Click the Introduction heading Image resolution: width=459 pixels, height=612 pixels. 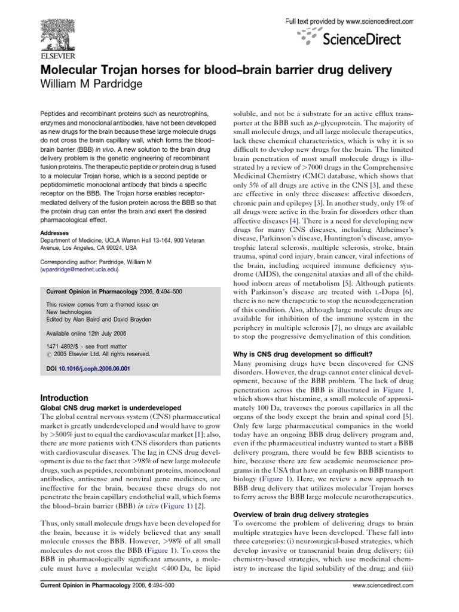pyautogui.click(x=64, y=398)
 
